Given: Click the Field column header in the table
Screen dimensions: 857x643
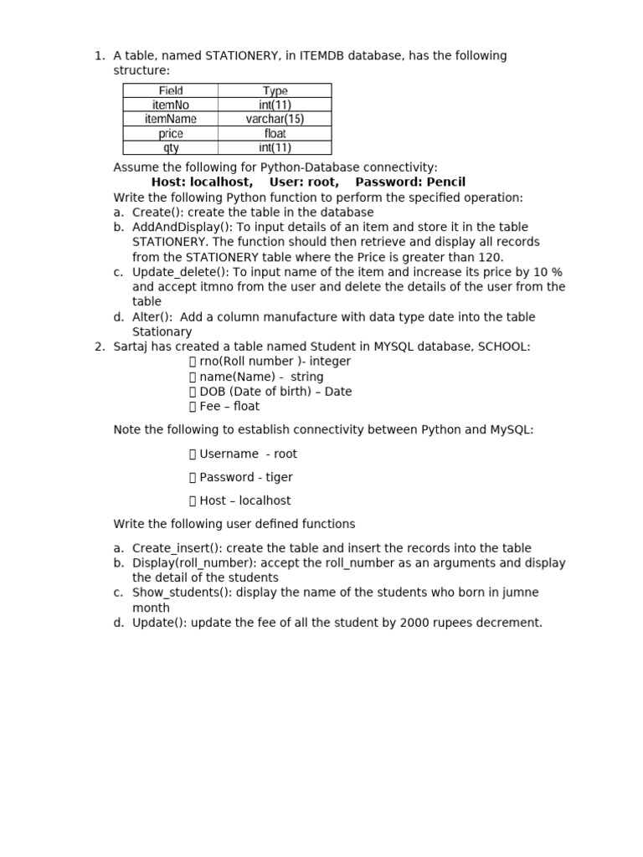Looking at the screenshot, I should (171, 90).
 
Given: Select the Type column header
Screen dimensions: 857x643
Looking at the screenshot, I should (275, 90).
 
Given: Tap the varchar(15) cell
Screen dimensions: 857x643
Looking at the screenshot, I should (275, 119).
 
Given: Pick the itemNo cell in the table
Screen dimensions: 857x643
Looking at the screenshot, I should (171, 105).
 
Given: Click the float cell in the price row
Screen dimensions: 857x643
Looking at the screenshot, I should (275, 133).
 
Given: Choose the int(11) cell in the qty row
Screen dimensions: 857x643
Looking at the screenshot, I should (275, 148).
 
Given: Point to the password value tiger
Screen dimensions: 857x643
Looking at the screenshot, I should (279, 477).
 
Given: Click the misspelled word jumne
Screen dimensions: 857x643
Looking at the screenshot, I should (522, 593).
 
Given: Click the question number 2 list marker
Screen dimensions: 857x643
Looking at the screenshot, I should (99, 346).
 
